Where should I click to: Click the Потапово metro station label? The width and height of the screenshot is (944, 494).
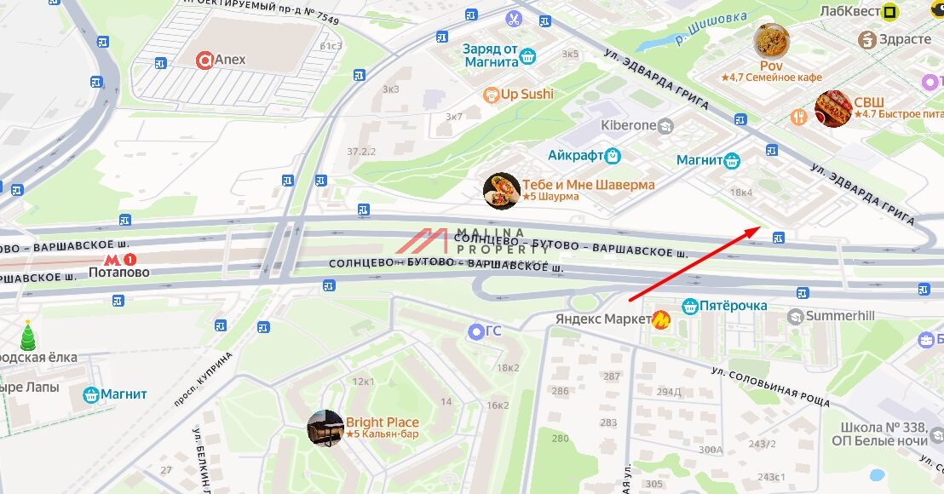point(119,273)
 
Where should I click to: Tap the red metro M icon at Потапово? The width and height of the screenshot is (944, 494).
point(112,257)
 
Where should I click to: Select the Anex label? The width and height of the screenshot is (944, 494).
point(230,60)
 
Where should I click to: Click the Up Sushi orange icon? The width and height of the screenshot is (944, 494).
point(490,95)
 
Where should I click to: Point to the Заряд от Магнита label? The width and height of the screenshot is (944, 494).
point(491,55)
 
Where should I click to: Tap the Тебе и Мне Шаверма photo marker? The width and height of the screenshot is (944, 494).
point(501,191)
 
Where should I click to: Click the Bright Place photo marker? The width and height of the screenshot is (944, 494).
point(325,428)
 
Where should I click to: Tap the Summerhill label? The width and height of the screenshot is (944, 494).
point(840,315)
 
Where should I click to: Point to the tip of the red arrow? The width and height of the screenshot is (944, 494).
point(761,227)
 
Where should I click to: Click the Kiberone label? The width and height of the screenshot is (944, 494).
point(629,125)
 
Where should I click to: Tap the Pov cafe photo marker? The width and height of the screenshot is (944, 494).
point(771,41)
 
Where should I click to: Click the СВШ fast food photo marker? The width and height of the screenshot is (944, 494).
point(833,108)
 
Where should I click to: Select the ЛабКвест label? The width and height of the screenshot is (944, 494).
point(849,11)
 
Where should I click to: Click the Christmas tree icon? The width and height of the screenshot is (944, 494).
point(28,336)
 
